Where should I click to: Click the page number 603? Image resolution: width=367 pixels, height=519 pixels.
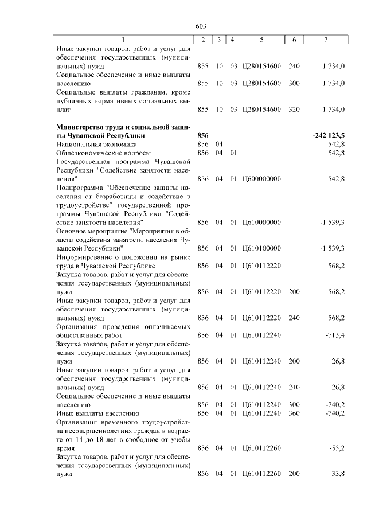[201, 26]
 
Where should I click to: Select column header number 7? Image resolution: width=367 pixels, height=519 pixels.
[325, 39]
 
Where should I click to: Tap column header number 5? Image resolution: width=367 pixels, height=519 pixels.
[261, 39]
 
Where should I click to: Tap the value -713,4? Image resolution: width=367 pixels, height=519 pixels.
[334, 335]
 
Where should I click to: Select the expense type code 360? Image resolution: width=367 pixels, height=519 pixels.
[294, 413]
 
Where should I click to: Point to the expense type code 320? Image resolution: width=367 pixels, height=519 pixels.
[294, 110]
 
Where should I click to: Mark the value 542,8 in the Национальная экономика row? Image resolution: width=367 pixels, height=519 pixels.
[335, 145]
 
